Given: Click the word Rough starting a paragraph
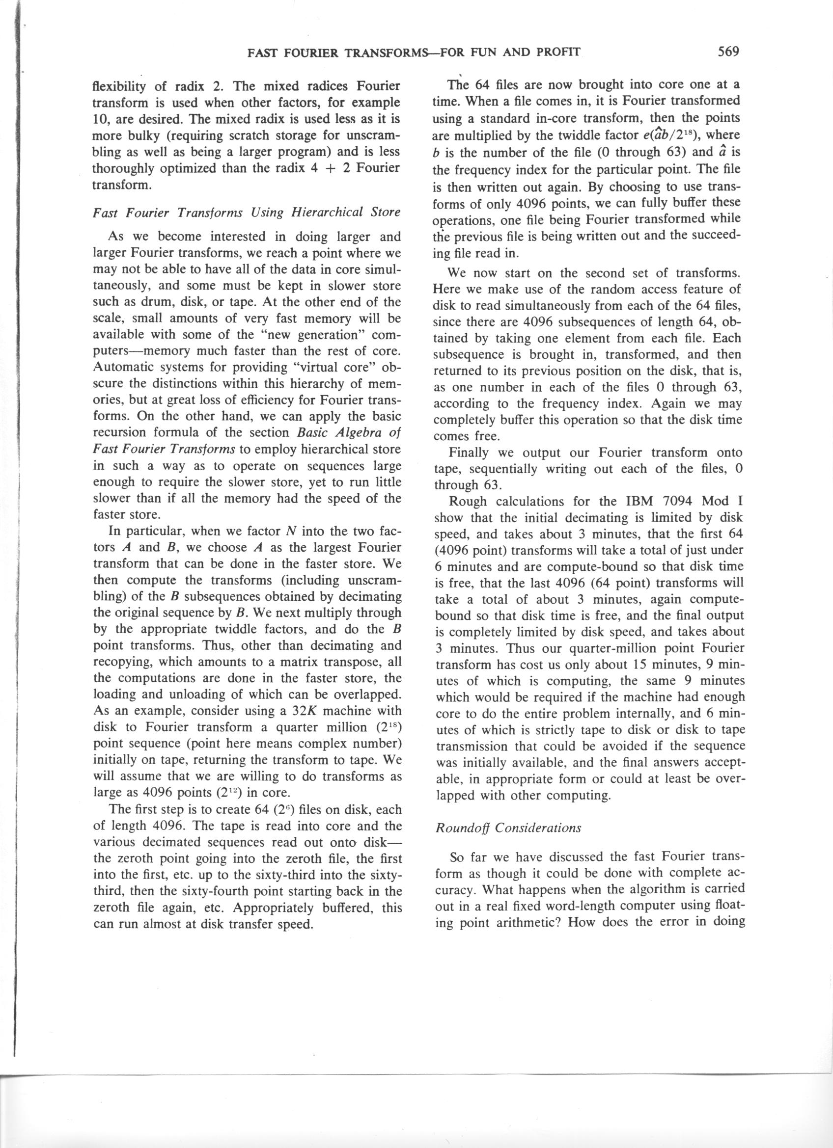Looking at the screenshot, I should point(468,501).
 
